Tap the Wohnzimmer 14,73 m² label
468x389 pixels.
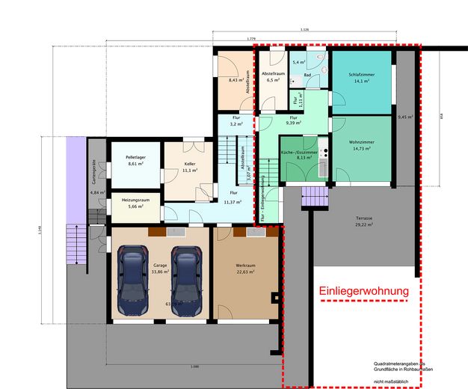361,144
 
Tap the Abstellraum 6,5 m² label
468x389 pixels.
273,77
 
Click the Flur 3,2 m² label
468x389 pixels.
235,122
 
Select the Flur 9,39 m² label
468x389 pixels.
294,120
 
